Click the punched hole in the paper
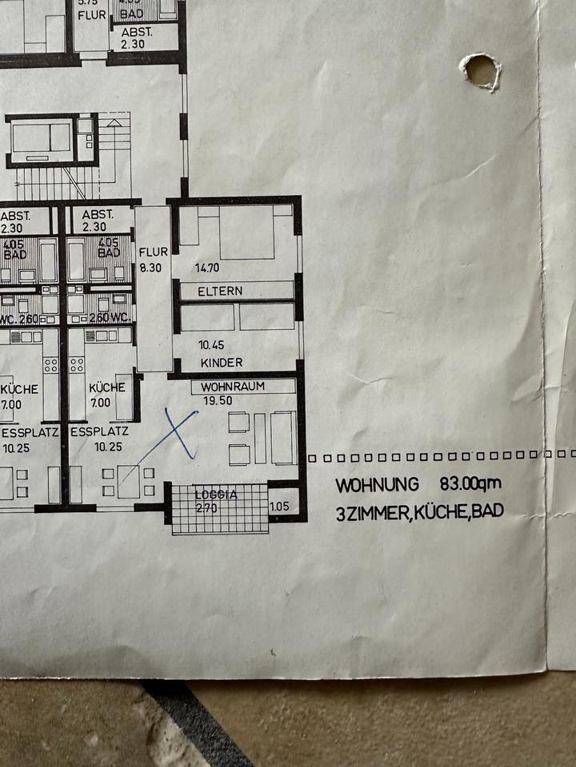pos(482,71)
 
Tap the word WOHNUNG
pos(377,485)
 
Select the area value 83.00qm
pos(470,484)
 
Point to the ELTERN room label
pos(220,291)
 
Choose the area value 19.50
pos(218,399)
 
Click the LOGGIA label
pos(216,495)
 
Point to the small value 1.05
pos(280,506)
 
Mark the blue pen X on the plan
pos(180,434)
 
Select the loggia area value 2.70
pos(207,507)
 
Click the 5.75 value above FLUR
pos(87,2)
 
